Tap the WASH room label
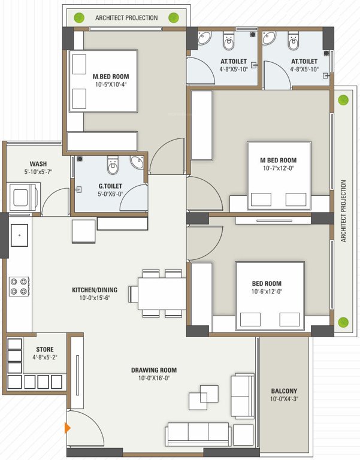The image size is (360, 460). click(x=38, y=164)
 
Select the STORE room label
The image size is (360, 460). click(x=44, y=349)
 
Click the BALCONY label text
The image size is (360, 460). click(x=283, y=391)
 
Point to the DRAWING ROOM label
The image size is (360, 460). click(x=154, y=370)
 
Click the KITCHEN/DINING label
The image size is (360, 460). click(x=95, y=290)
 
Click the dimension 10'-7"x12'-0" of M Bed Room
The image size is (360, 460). click(x=278, y=168)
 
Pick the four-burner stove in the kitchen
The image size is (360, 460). click(x=19, y=286)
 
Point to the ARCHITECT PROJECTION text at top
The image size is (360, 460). click(x=126, y=18)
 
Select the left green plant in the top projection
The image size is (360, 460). click(x=78, y=17)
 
